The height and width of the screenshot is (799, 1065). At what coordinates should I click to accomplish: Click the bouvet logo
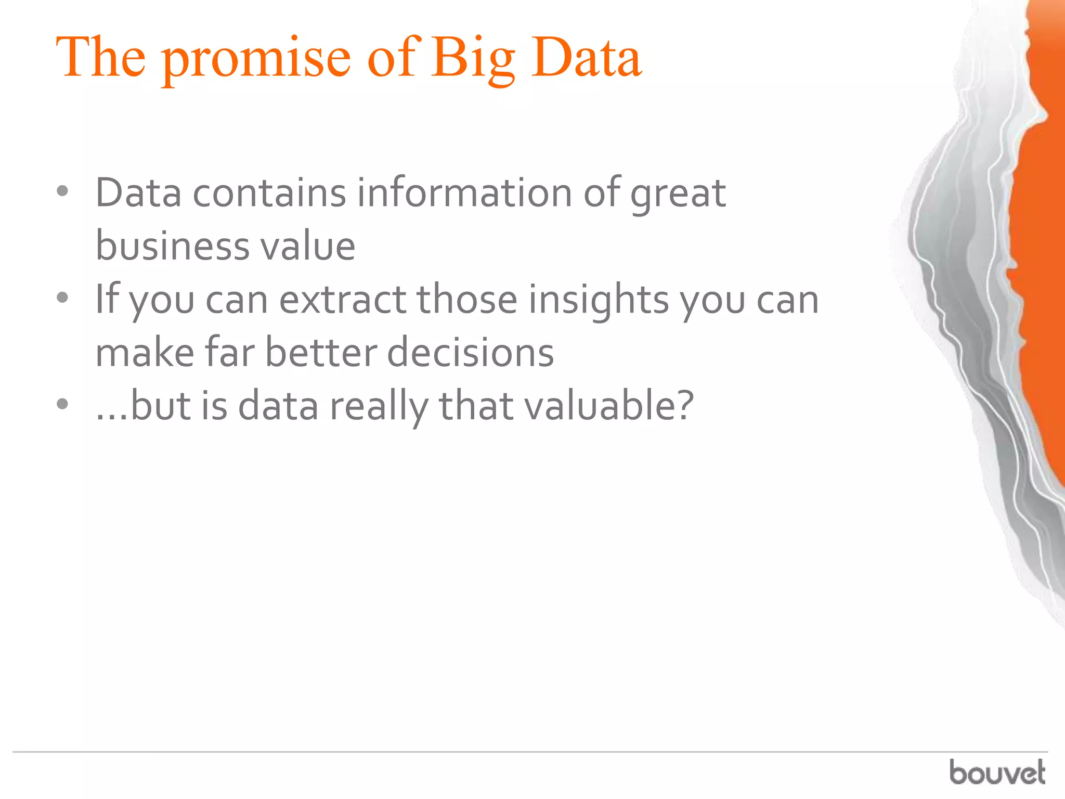click(x=997, y=772)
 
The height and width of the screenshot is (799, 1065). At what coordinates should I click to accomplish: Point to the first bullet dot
click(x=62, y=191)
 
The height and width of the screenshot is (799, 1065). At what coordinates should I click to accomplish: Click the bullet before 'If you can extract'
click(x=62, y=298)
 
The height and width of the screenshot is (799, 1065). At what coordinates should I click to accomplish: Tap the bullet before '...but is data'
click(x=62, y=404)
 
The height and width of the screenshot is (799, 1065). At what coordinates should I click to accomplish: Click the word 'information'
click(x=464, y=192)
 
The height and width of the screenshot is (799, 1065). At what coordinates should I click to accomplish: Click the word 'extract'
click(x=343, y=300)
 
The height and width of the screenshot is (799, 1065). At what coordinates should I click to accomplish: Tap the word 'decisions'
click(x=471, y=353)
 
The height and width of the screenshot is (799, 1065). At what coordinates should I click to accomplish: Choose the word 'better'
click(x=321, y=353)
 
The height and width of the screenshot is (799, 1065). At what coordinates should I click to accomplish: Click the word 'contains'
click(x=269, y=192)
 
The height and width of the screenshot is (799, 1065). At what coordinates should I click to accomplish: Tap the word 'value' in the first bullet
click(x=308, y=246)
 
